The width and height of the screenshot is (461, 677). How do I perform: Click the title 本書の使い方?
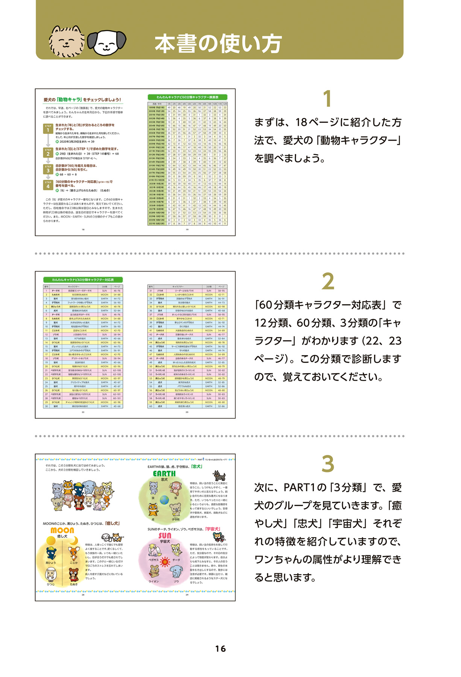click(x=218, y=44)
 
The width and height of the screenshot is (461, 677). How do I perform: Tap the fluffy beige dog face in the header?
click(x=67, y=41)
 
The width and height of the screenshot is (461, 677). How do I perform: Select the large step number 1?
click(x=328, y=99)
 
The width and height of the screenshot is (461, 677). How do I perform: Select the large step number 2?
click(x=328, y=281)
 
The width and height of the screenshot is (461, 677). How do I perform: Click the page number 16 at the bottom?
click(x=221, y=648)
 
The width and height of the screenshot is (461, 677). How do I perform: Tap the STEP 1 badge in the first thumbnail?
click(x=48, y=129)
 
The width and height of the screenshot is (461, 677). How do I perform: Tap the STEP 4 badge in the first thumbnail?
click(x=48, y=185)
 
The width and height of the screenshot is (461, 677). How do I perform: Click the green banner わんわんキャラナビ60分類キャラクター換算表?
click(x=187, y=97)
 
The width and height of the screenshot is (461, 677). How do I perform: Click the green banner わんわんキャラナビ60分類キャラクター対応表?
click(x=83, y=279)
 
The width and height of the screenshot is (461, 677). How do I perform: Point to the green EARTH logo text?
click(x=164, y=474)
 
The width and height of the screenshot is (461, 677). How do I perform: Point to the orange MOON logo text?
click(x=62, y=530)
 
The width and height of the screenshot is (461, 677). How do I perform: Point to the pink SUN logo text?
click(x=165, y=535)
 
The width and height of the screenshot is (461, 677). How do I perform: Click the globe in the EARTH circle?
click(x=165, y=500)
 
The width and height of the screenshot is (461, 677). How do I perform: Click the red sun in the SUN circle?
click(x=165, y=562)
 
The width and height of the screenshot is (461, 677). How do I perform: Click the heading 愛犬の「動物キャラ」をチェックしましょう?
click(x=82, y=100)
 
